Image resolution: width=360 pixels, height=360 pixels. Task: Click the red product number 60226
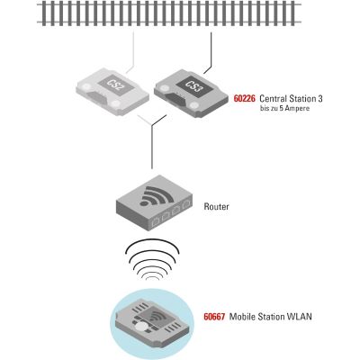(245, 99)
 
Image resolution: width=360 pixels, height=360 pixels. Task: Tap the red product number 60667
(214, 317)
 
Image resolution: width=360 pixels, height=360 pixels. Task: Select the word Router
(216, 206)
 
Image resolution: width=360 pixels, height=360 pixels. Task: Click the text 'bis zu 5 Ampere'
(284, 109)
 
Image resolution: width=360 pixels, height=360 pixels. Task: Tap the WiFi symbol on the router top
(156, 196)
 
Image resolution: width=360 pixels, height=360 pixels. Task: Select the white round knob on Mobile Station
(141, 327)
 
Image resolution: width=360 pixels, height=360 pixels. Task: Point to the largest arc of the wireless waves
(153, 245)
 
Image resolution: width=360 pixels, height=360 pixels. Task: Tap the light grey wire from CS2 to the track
(133, 53)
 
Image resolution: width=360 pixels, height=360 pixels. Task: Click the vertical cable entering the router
(152, 147)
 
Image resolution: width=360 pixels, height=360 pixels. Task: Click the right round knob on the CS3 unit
(195, 105)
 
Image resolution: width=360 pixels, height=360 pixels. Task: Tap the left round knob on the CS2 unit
(86, 87)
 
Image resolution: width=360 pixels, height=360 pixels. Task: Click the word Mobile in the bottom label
(242, 317)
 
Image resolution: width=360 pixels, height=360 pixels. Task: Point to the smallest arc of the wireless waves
(152, 277)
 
